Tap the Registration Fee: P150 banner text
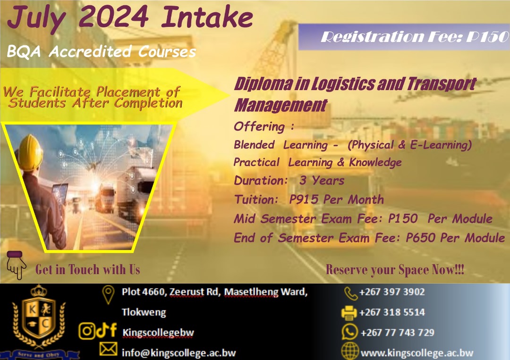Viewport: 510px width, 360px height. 415,37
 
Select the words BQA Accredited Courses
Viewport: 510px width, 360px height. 102,51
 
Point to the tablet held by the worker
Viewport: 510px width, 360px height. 60,193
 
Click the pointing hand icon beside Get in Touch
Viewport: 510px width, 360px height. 16,265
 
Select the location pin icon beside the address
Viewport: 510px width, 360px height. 108,294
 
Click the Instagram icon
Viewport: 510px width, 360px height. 87,331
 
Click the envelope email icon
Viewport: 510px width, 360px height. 108,350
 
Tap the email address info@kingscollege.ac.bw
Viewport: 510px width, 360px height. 178,353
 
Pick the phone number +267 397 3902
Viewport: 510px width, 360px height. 392,292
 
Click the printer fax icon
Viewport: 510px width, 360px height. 349,312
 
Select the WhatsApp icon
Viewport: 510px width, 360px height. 349,332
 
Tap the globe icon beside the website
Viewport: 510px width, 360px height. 349,351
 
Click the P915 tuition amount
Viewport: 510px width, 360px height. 304,200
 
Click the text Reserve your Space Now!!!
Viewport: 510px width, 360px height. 395,270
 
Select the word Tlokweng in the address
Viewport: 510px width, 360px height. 144,312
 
